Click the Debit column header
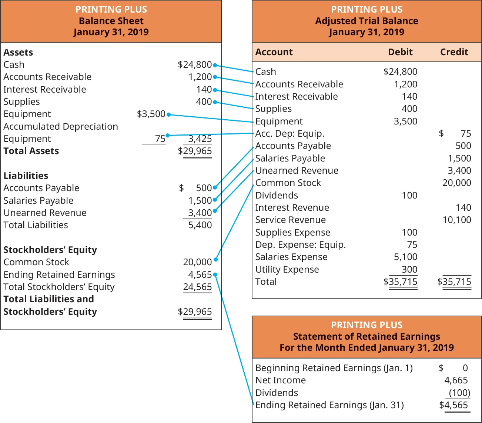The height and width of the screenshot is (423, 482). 400,52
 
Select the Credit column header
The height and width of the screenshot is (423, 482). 454,52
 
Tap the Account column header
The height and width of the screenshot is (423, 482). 274,52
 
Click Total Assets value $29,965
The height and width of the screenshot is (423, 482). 195,151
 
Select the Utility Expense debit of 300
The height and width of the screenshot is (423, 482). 409,270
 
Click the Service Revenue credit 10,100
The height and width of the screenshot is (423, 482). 456,220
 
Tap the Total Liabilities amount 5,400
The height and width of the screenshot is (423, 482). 200,225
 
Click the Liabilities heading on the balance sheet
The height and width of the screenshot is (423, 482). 26,176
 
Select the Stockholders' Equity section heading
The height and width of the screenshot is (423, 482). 50,250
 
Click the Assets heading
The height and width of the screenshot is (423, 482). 18,53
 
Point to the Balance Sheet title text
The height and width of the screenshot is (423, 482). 111,21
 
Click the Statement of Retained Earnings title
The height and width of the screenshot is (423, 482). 366,337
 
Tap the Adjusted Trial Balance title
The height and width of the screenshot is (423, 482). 366,21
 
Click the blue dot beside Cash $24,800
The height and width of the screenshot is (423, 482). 215,65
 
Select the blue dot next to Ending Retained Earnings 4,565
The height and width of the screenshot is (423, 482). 215,274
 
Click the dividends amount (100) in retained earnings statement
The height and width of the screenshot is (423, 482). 459,393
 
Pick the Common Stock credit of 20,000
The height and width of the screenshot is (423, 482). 456,183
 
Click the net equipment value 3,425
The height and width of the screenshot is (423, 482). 200,139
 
